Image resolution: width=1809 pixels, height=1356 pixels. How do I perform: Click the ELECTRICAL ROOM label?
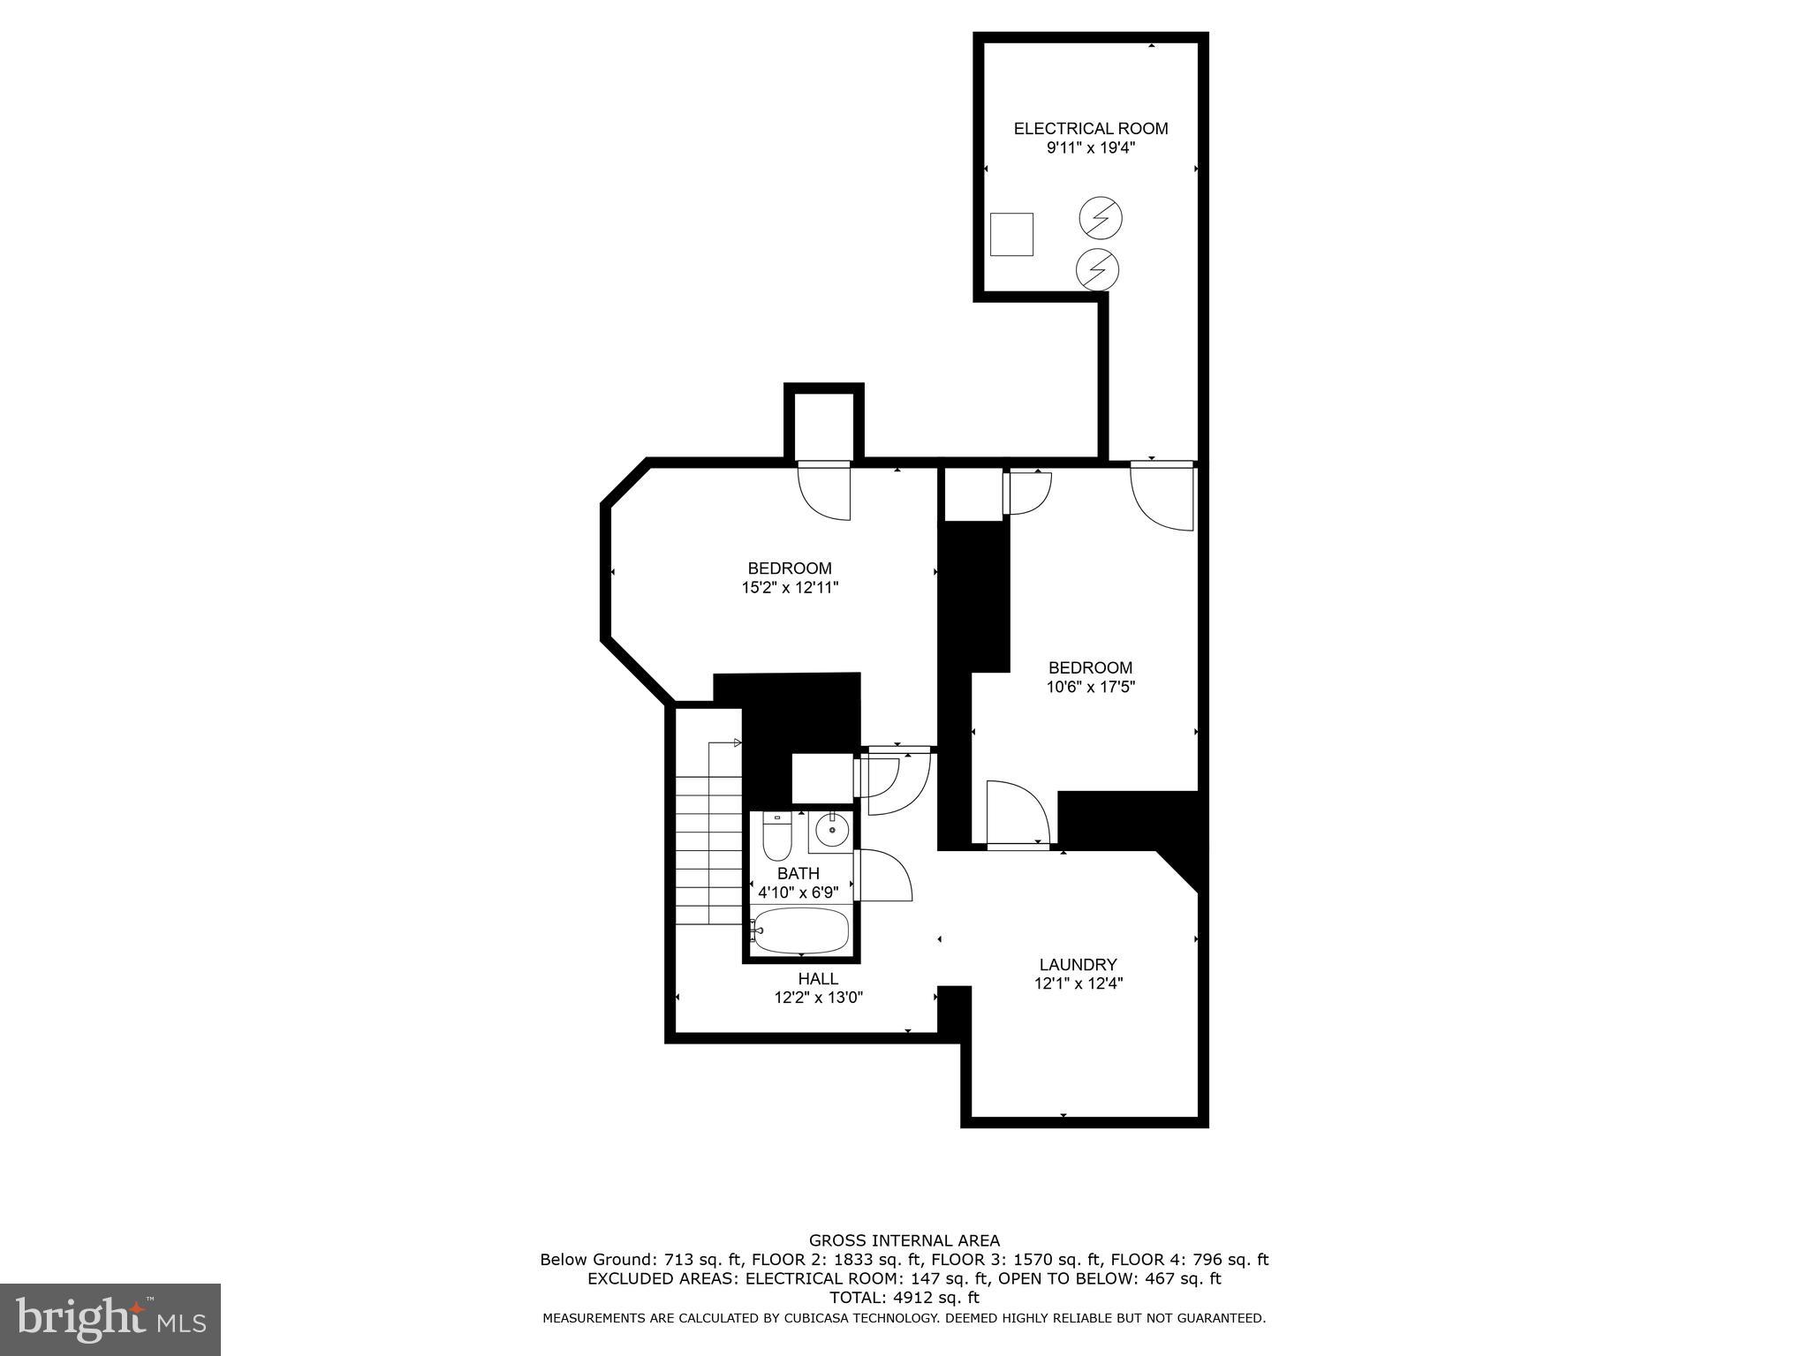click(x=1090, y=129)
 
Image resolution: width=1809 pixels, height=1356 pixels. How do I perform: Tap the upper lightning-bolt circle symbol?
click(x=1101, y=217)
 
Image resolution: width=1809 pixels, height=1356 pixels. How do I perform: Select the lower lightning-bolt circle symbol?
click(x=1098, y=268)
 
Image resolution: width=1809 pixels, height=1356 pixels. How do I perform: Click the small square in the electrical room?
click(x=1011, y=234)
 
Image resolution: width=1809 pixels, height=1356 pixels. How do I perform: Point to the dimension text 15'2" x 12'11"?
click(x=789, y=587)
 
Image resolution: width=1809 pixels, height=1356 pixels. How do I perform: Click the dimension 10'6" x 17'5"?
click(x=1090, y=687)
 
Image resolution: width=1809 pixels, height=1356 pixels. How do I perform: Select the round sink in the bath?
click(x=830, y=831)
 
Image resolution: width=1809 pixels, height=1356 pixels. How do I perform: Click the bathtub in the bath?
click(x=801, y=930)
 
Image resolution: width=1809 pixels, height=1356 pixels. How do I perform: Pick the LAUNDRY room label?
click(x=1078, y=965)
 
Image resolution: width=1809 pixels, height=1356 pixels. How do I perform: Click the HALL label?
click(x=818, y=978)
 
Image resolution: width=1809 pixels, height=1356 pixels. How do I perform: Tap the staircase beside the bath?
click(x=709, y=847)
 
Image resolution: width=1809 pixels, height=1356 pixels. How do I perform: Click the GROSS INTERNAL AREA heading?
click(x=904, y=1240)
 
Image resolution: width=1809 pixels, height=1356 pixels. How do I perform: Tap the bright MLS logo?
click(x=110, y=1319)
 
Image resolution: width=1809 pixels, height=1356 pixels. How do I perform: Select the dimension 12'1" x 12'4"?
click(x=1078, y=983)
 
